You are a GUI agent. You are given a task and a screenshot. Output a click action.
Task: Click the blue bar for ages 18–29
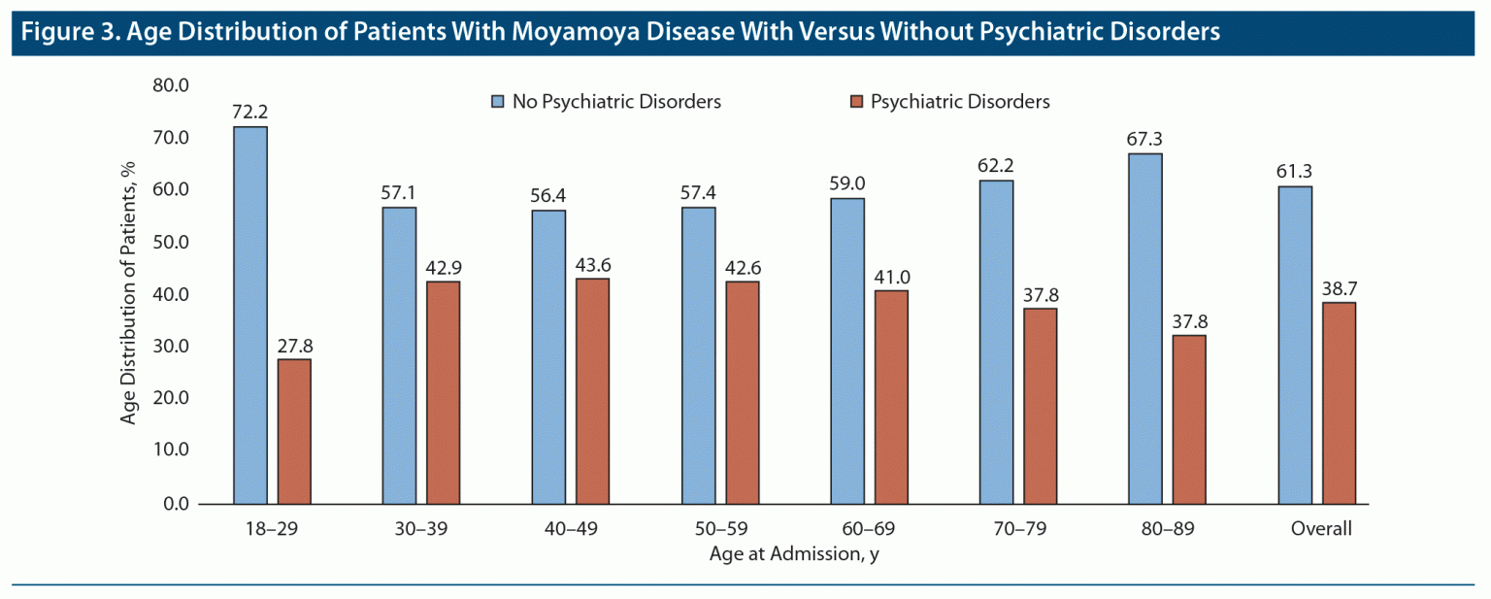(x=250, y=316)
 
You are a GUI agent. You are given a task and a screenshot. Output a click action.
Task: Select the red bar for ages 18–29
(x=294, y=431)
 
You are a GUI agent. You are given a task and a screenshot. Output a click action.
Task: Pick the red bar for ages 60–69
(x=891, y=397)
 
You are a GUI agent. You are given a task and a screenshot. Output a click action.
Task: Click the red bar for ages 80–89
(x=1189, y=419)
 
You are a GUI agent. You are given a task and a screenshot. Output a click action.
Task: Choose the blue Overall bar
(x=1295, y=345)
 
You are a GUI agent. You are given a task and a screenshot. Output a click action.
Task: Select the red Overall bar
(x=1339, y=403)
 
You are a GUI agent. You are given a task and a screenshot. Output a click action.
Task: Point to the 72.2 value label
(x=249, y=112)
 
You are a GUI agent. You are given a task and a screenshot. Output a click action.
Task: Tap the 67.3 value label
(x=1145, y=139)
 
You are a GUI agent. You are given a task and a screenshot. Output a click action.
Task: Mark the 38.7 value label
(x=1339, y=287)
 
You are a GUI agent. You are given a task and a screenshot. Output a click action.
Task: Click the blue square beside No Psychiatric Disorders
(x=498, y=101)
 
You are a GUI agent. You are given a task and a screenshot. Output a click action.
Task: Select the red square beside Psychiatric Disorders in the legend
(x=855, y=101)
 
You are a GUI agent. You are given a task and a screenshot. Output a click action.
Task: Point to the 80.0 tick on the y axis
(x=170, y=85)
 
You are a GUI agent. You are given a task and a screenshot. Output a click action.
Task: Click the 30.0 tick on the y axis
(x=170, y=347)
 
